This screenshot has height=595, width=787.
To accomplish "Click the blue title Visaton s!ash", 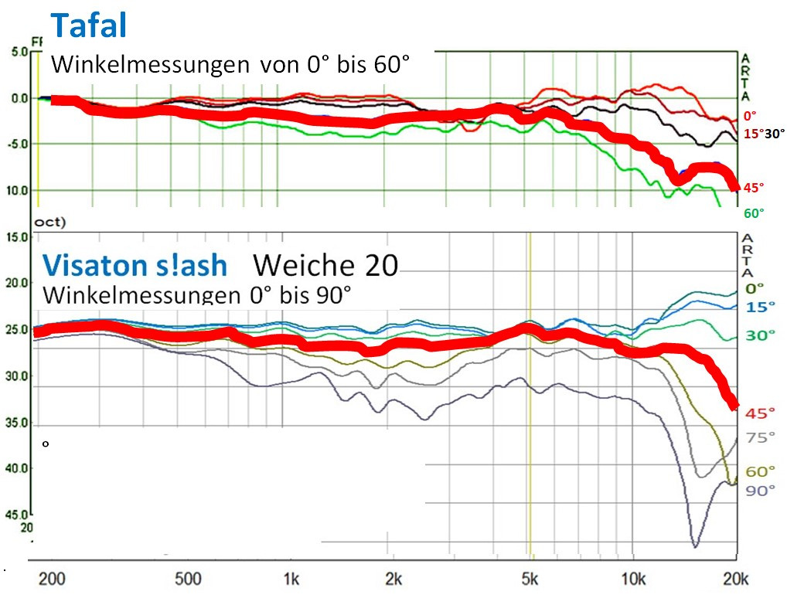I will click(x=135, y=265).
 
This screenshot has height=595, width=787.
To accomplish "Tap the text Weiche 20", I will click(x=325, y=265).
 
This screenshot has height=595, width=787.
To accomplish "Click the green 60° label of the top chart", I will click(x=753, y=212).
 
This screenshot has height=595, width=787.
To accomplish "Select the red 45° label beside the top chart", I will click(x=753, y=187).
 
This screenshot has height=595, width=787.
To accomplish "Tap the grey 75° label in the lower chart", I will click(x=760, y=437).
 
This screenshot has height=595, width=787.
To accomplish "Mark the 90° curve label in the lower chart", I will click(x=760, y=491).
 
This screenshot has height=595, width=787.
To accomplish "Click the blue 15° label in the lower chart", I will click(x=760, y=307).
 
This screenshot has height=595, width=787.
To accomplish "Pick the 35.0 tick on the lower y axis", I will click(x=17, y=423).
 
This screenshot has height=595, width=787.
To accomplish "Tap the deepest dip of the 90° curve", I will click(x=694, y=546).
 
